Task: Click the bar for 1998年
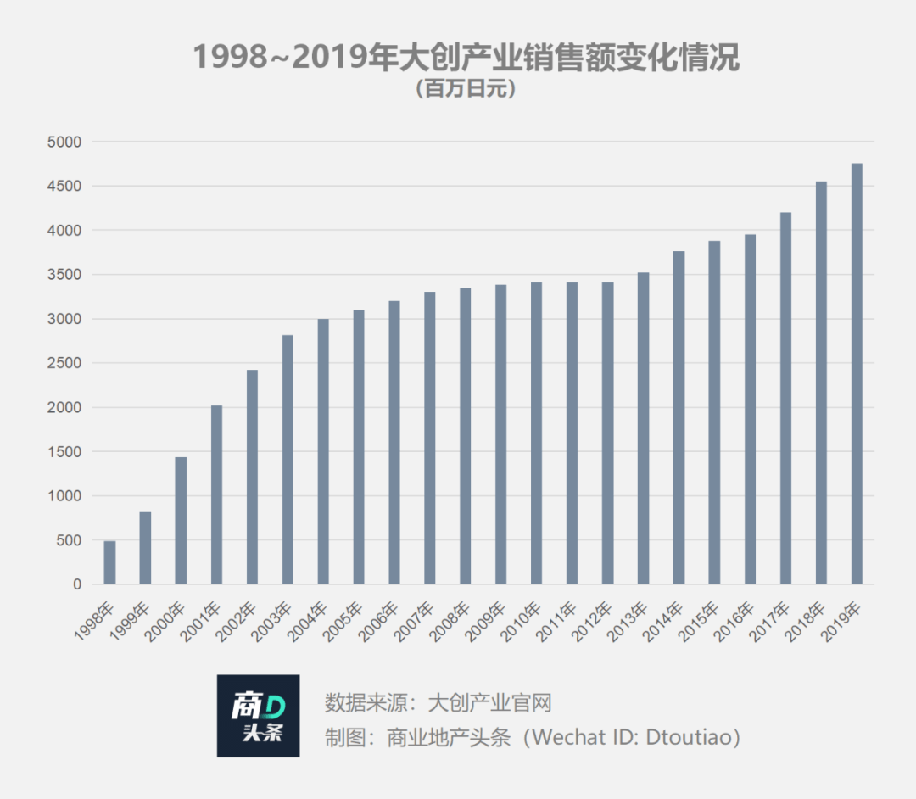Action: (109, 562)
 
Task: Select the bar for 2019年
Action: (857, 374)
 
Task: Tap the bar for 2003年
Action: (288, 460)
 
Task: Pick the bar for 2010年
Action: (536, 433)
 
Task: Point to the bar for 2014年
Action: (679, 417)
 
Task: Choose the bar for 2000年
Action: (182, 521)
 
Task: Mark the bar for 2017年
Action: (785, 399)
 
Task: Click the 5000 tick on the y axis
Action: (64, 142)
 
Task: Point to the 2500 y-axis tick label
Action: (64, 363)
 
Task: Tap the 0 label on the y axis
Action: (77, 584)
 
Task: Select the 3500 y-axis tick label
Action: (64, 275)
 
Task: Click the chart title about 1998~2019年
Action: (466, 57)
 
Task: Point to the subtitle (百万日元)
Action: (466, 89)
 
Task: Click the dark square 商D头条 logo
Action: (258, 716)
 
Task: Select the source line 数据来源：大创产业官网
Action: (438, 702)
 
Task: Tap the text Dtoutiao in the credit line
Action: (688, 737)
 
